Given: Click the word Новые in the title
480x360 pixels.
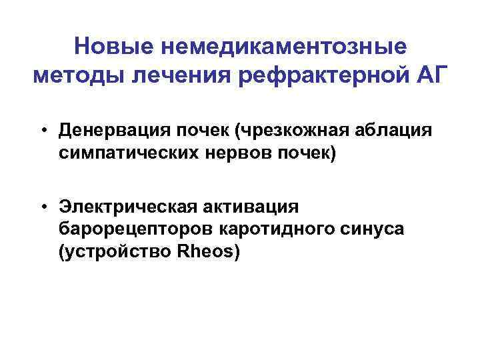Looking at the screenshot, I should pyautogui.click(x=109, y=47).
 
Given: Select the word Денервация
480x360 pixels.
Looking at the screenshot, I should pyautogui.click(x=107, y=130).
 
